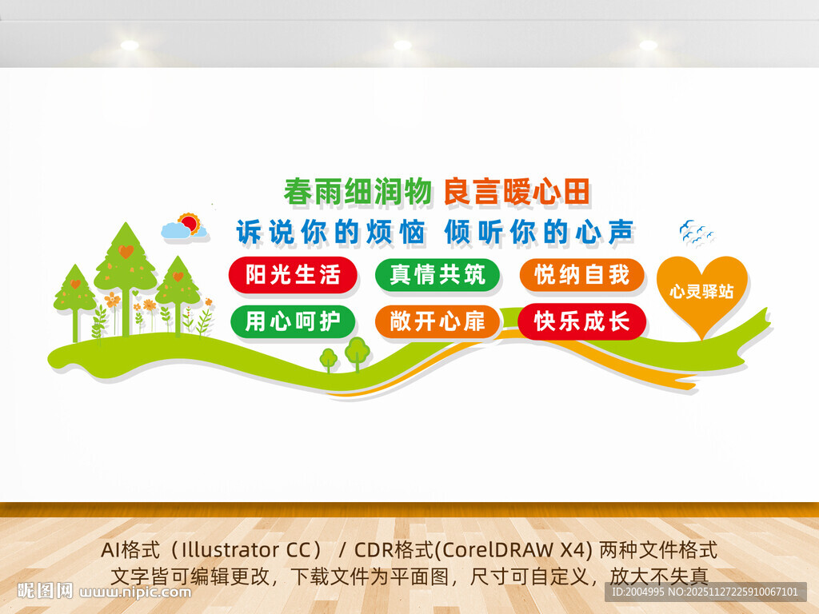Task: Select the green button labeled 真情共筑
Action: [437, 276]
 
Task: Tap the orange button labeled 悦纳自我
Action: [581, 276]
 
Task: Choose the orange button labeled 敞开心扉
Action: [437, 322]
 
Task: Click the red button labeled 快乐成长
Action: [581, 322]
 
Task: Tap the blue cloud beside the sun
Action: [177, 231]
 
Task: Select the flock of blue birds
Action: [695, 232]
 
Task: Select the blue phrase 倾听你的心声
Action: [539, 231]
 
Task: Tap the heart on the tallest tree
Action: [126, 251]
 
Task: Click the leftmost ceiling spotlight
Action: [130, 46]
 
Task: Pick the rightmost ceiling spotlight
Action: [648, 46]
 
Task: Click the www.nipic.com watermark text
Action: [136, 592]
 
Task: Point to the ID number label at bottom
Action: [704, 592]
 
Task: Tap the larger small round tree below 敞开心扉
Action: [357, 349]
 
